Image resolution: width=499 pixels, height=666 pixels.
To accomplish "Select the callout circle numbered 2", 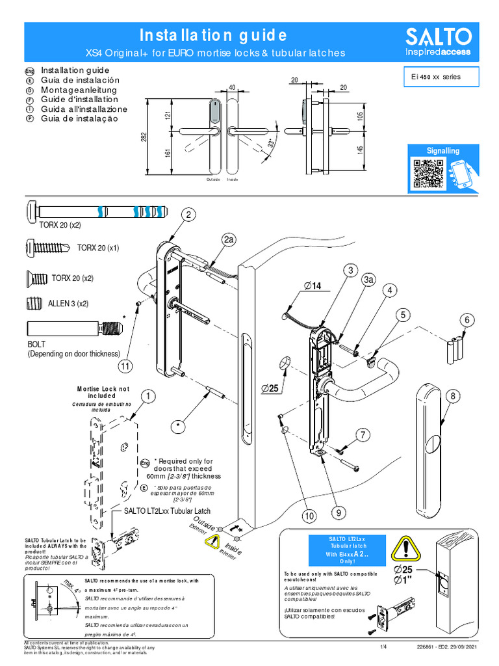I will tap(188, 215).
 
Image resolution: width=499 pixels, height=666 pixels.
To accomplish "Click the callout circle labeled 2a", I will tap(229, 241).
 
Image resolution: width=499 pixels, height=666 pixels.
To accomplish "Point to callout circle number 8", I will tap(453, 395).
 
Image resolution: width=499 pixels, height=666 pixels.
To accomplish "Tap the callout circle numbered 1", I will tap(148, 395).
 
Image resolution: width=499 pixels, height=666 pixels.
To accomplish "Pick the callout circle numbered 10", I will tap(308, 515).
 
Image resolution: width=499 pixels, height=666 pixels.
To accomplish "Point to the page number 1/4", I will tap(383, 648).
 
